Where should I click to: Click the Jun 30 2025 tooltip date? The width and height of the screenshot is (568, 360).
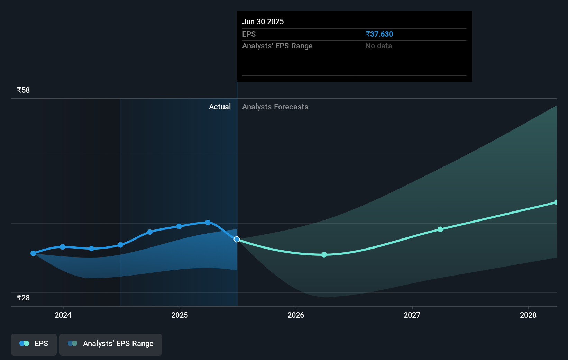pos(263,21)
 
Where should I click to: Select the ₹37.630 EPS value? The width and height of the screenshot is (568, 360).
pos(379,34)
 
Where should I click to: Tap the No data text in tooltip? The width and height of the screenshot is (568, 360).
pos(378,46)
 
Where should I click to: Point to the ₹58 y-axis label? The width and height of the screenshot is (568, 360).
pos(23,90)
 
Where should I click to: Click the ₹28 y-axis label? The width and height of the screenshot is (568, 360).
pos(23,298)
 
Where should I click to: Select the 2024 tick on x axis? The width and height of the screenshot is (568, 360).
pos(63,315)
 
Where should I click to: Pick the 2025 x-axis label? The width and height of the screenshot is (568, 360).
pos(180,315)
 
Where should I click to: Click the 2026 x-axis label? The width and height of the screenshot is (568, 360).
pos(296,315)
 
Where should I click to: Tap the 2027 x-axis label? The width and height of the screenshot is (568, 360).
pos(412,315)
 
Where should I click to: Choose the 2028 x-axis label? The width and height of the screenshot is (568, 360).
pos(528,315)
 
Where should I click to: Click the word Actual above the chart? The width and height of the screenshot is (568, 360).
pos(220,107)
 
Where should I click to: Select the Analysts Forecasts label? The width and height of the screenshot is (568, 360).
pos(275,107)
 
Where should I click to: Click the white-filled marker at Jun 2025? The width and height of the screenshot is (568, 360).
pos(237,239)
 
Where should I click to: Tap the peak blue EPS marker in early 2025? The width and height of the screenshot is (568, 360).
pos(208,222)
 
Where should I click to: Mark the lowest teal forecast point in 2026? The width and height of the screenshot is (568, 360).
pos(324,255)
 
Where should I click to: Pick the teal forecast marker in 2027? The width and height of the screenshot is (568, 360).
pos(440,229)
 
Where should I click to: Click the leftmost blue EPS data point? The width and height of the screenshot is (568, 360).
pos(33,253)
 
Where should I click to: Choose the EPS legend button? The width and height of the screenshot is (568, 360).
pos(34,344)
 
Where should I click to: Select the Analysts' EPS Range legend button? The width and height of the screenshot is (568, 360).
pos(111,344)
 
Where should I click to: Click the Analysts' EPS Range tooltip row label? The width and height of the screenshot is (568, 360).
pos(277,46)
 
